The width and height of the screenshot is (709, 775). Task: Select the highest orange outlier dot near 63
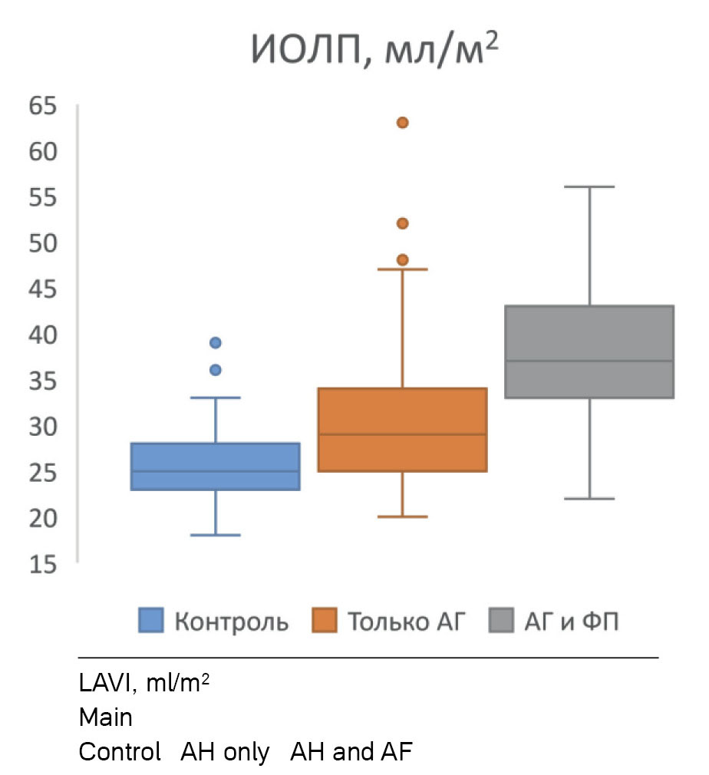pos(402,123)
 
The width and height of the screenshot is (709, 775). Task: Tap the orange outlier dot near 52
pos(402,223)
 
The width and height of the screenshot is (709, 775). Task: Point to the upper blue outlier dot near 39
pos(216,342)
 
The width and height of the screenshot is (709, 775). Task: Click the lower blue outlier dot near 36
pos(216,370)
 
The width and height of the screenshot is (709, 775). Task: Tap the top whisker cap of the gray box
pos(589,186)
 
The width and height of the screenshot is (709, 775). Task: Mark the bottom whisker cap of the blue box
pos(216,535)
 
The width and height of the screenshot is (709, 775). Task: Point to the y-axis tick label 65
pos(43,106)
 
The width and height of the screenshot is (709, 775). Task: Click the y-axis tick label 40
pos(43,335)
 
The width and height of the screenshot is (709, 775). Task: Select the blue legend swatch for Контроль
pos(151,620)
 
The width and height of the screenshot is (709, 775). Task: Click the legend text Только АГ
pos(406,620)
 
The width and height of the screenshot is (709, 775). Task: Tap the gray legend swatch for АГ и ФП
pos(501,620)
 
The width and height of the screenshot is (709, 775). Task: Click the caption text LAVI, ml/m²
pos(144,683)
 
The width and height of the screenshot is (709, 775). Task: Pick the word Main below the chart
pos(106,718)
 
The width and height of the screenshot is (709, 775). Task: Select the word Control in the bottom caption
pos(120,752)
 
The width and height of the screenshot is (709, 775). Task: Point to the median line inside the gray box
pos(589,361)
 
